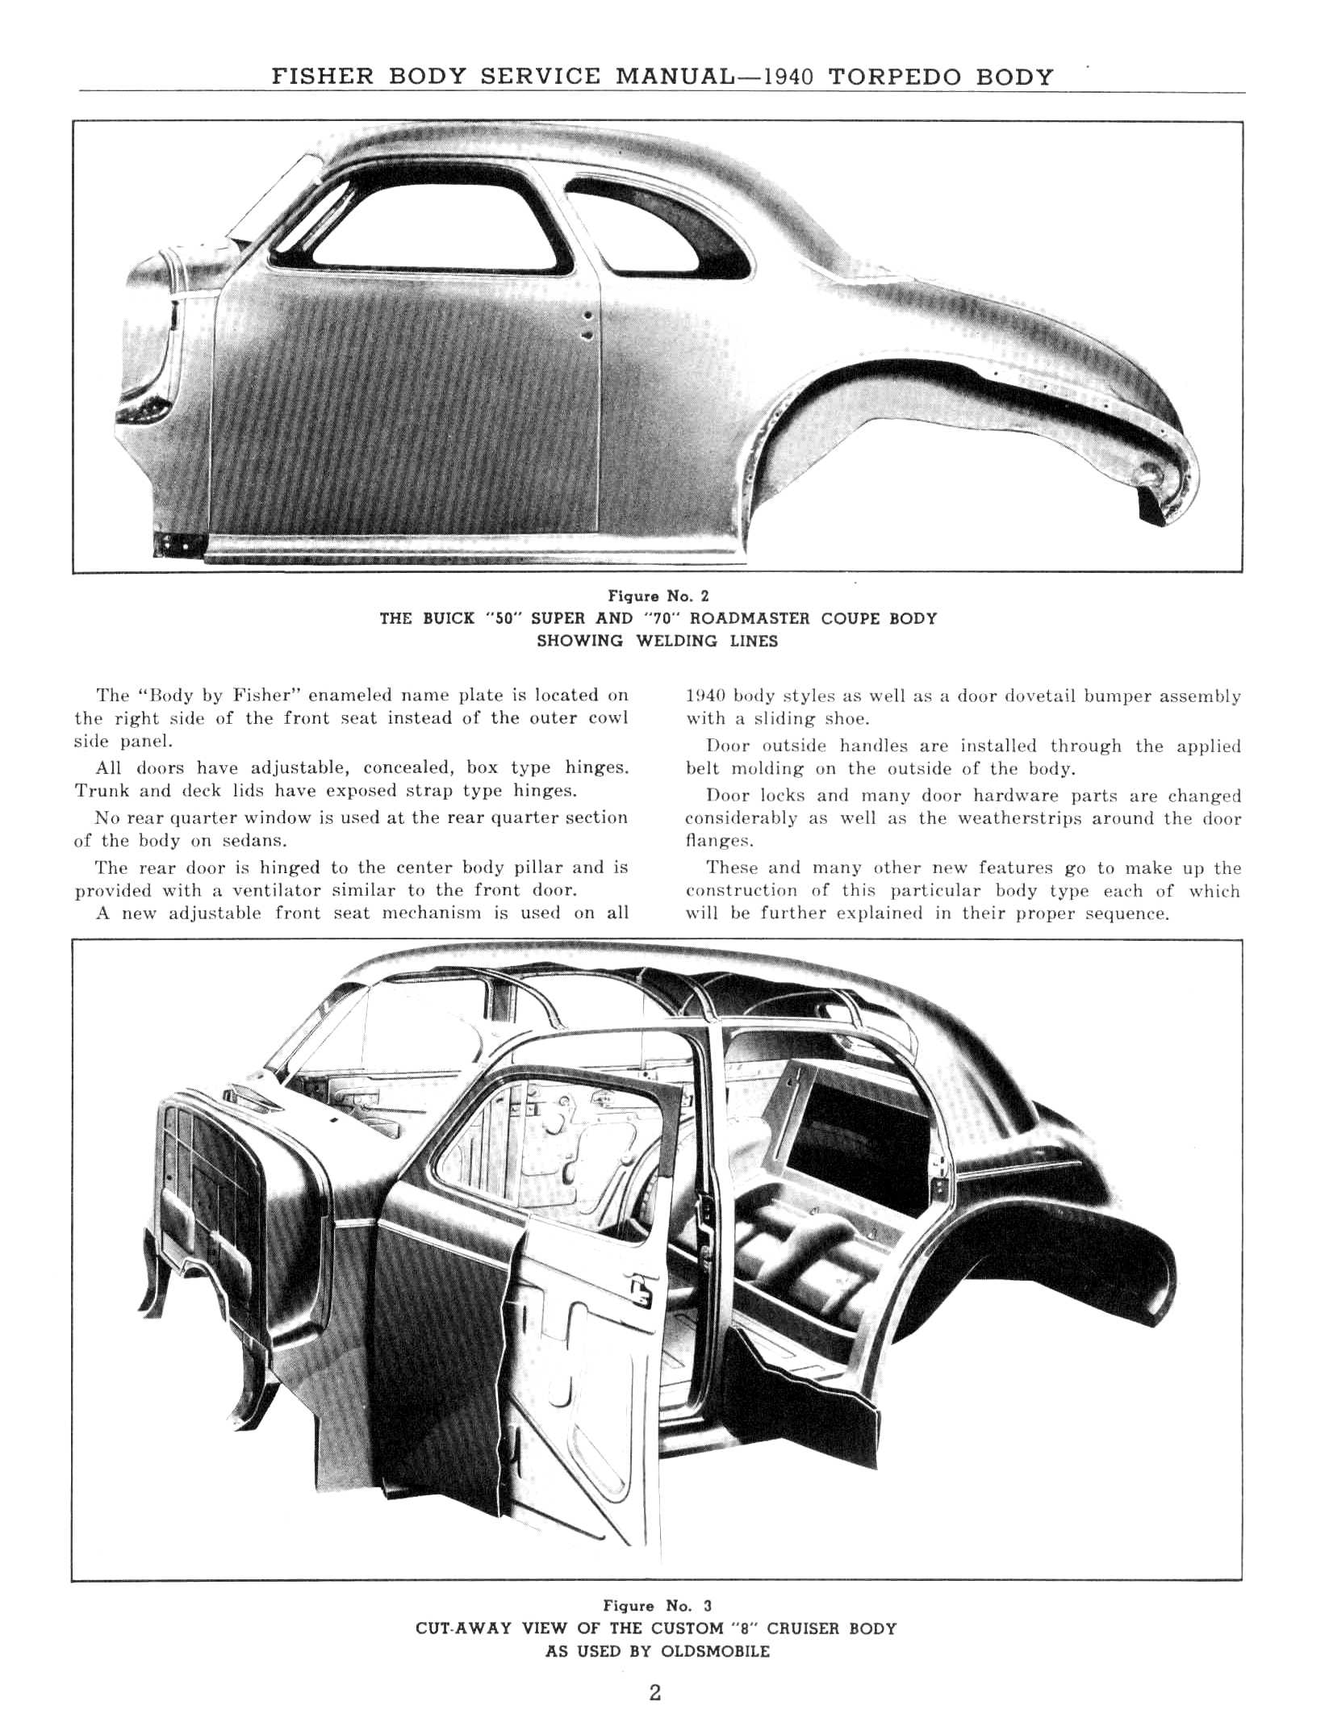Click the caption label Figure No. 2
coord(658,596)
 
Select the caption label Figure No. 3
coord(658,1606)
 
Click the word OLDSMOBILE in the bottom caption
coord(715,1651)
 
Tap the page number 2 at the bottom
coord(655,1692)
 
